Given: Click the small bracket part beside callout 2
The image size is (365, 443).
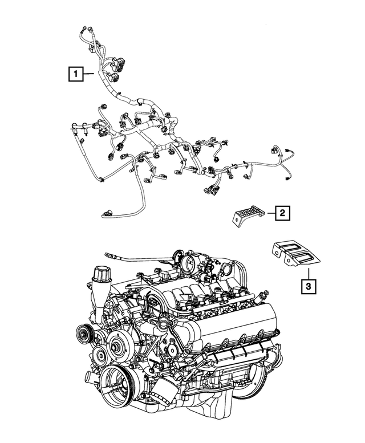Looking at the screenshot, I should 247,216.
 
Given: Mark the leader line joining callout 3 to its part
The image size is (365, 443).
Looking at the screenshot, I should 307,273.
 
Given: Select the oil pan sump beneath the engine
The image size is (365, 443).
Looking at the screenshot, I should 228,399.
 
